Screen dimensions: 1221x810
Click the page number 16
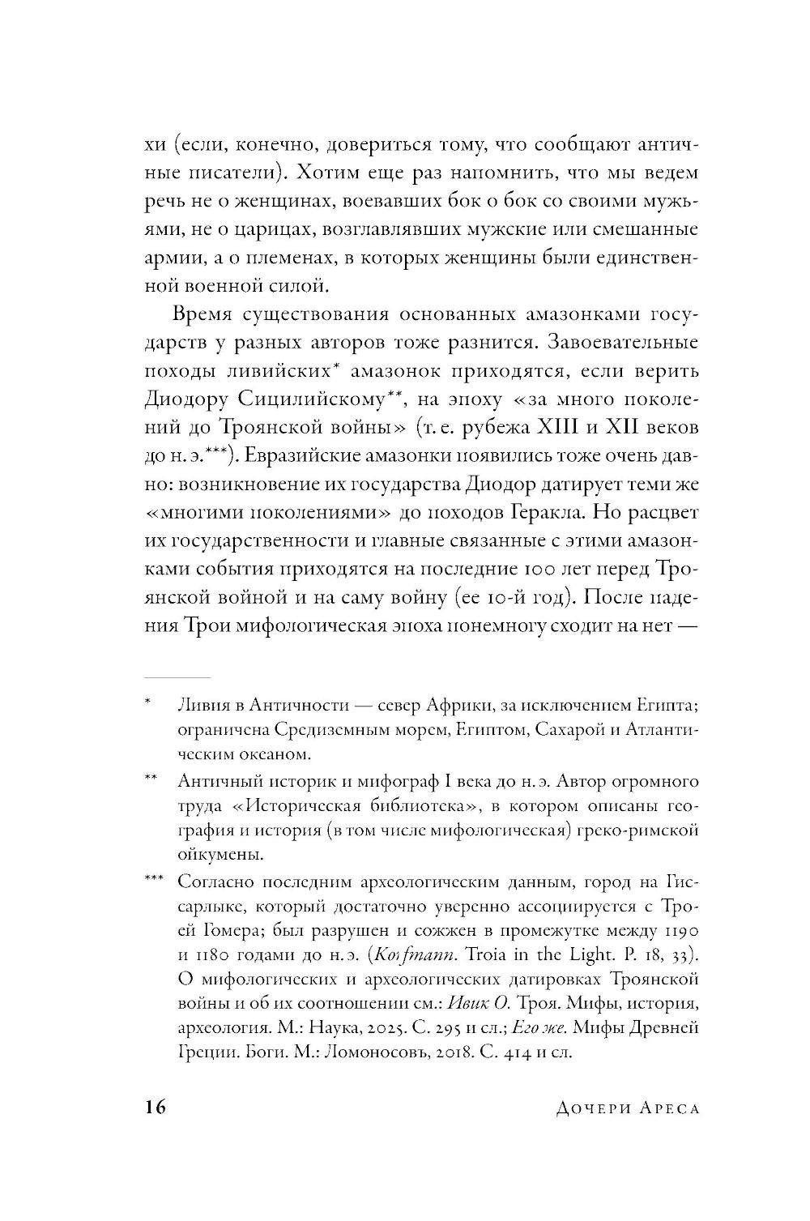pos(155,1108)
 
